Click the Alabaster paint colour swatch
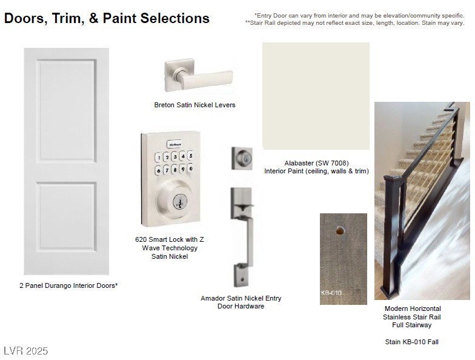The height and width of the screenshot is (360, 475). (x=316, y=96)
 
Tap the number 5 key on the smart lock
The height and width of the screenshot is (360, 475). (x=190, y=156)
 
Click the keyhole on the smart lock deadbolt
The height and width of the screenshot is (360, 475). (x=180, y=201)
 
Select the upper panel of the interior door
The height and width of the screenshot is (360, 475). (x=67, y=111)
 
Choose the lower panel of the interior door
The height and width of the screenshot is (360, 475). (x=67, y=217)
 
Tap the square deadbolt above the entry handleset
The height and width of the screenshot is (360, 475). (x=242, y=158)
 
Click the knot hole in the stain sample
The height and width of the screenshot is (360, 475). (x=340, y=231)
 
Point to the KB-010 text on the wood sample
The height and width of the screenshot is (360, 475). (x=331, y=293)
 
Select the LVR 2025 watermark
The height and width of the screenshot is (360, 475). (x=25, y=351)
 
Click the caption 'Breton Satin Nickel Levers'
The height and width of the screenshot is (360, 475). (x=195, y=105)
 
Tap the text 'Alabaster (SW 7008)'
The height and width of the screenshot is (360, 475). (x=316, y=163)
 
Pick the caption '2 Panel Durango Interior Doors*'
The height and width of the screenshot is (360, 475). (x=68, y=285)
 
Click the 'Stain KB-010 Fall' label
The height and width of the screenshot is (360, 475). (x=412, y=342)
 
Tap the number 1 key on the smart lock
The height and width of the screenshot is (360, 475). (x=158, y=158)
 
